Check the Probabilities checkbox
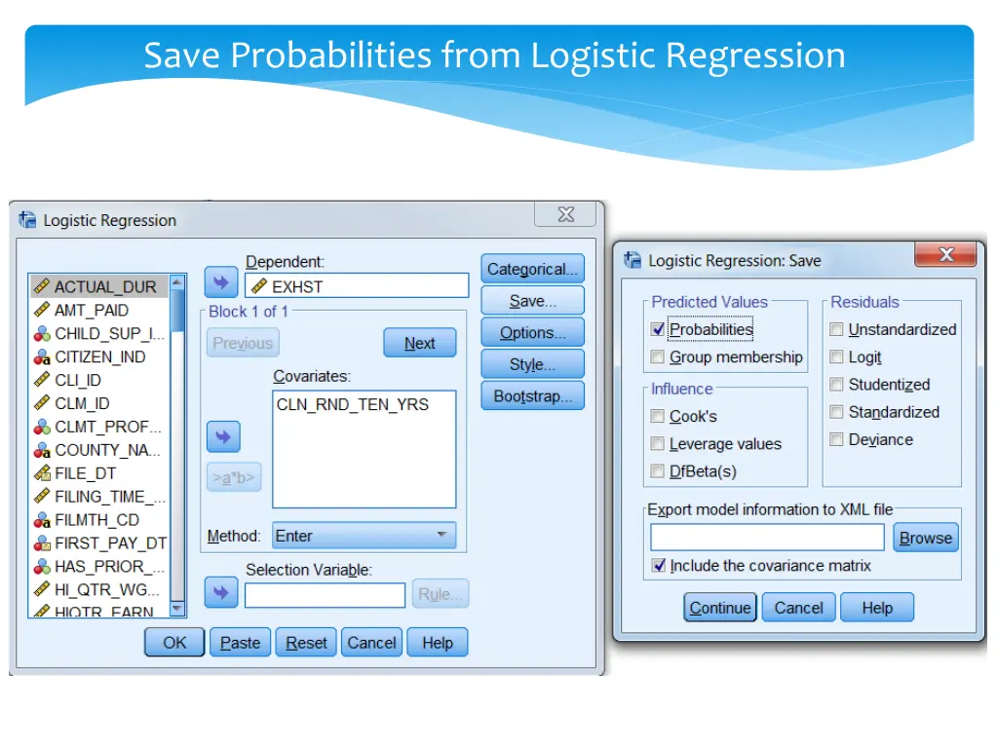click(x=659, y=329)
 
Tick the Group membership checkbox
click(x=659, y=357)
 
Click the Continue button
click(x=719, y=608)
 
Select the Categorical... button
click(x=532, y=270)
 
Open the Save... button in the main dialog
click(x=532, y=301)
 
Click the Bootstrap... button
click(x=532, y=396)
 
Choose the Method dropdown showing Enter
click(x=364, y=536)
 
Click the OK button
click(x=174, y=643)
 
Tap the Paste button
click(x=240, y=643)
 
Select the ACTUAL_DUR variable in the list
click(x=104, y=287)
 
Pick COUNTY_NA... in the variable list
click(x=107, y=450)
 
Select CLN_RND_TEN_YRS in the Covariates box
click(x=352, y=404)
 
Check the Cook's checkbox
click(x=659, y=416)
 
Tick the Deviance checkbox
click(x=836, y=440)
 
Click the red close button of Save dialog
click(x=945, y=255)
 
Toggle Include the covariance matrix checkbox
click(x=660, y=566)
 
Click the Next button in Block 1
click(x=419, y=343)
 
